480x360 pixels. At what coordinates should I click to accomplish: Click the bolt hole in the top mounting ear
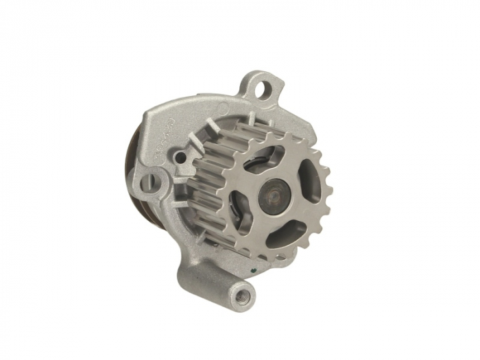coord(260,87)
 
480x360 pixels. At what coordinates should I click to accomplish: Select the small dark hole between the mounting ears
coord(180,158)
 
